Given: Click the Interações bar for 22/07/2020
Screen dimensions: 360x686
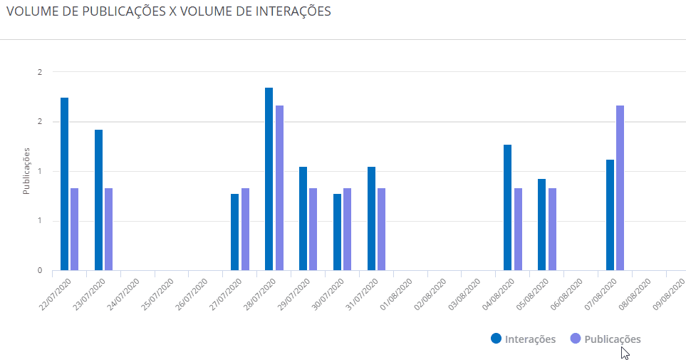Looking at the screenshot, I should [x=64, y=184].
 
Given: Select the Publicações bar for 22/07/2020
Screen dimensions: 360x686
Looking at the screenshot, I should [x=74, y=229].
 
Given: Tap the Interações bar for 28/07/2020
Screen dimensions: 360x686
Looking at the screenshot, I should [x=269, y=179].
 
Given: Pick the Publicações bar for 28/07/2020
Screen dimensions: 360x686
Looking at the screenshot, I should [x=279, y=187].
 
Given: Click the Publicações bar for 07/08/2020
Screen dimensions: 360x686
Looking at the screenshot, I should [x=620, y=187].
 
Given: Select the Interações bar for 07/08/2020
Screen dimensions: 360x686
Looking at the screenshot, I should [x=610, y=215].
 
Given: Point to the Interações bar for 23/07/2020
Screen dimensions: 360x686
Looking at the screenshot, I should [x=98, y=200].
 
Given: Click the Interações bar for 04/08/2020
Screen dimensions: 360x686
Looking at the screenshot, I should [x=507, y=207].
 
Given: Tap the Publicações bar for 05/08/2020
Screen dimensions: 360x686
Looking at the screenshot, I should [x=552, y=229].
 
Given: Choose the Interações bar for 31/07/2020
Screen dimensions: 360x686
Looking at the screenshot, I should [x=371, y=218].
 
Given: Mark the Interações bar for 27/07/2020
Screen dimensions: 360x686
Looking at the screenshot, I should [x=234, y=232].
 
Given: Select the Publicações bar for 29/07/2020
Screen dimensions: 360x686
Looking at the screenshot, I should [x=313, y=229].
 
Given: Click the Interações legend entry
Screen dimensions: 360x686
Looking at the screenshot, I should [x=524, y=339].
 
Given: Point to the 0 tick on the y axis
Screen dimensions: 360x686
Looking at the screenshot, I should [x=41, y=270].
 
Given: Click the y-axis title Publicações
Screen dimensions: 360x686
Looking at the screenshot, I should [x=26, y=171].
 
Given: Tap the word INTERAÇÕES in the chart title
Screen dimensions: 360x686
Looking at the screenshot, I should [x=289, y=12].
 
